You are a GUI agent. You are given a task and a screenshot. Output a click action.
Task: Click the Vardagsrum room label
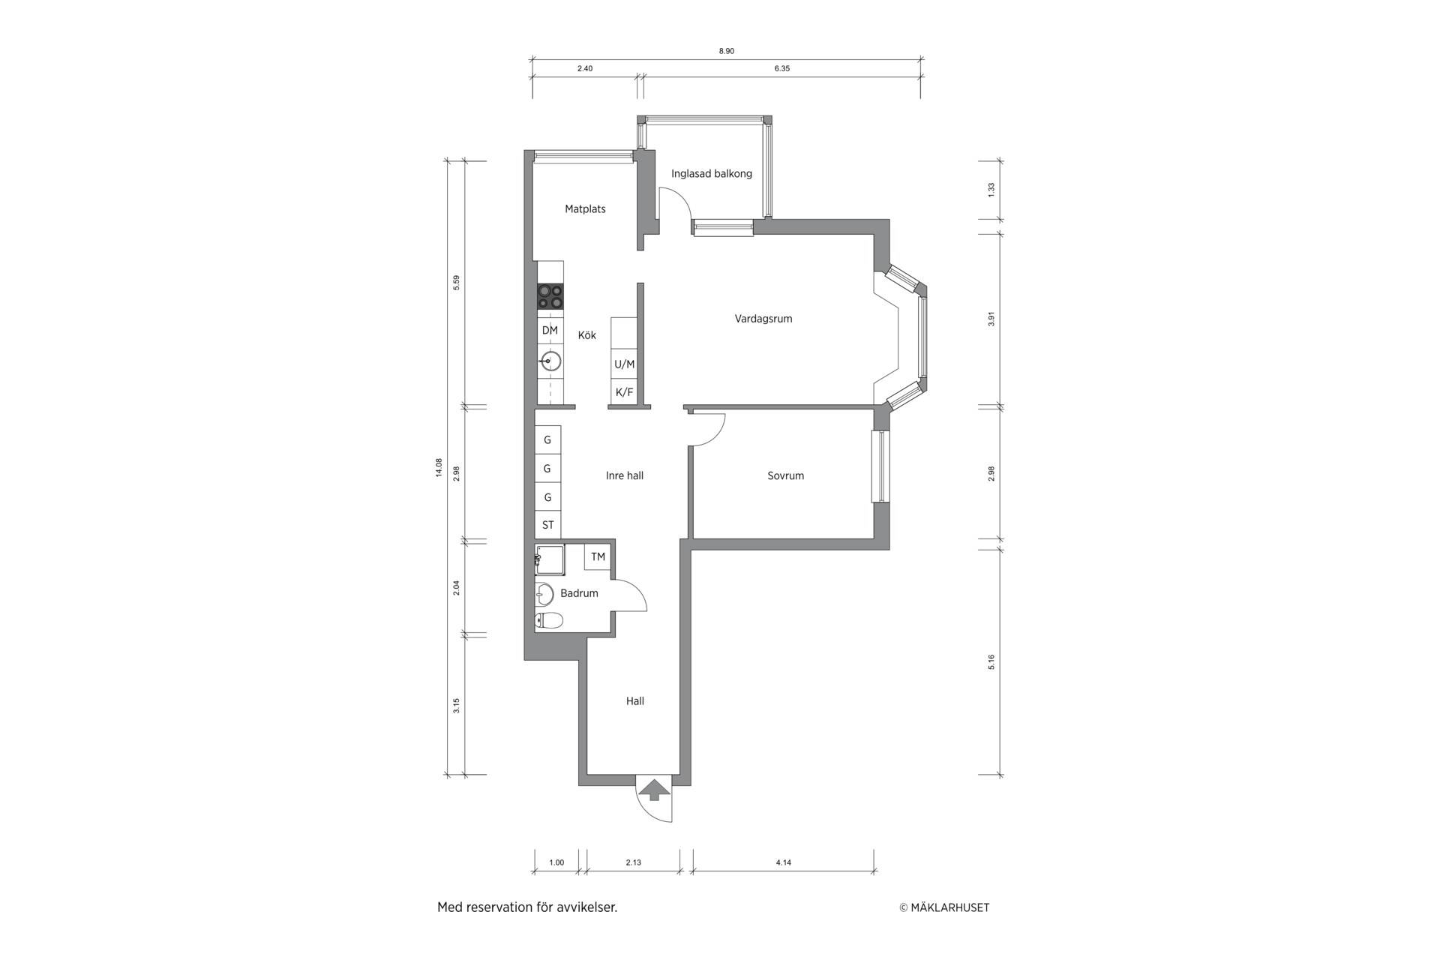pyautogui.click(x=763, y=319)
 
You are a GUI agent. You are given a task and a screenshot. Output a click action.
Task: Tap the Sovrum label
pyautogui.click(x=785, y=475)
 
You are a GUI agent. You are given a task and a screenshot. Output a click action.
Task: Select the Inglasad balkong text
pyautogui.click(x=711, y=174)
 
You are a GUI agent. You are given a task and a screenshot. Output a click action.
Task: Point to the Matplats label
pyautogui.click(x=585, y=209)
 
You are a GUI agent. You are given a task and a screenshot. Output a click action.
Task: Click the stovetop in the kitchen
pyautogui.click(x=550, y=296)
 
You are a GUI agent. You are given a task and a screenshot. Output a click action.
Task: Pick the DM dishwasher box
pyautogui.click(x=550, y=330)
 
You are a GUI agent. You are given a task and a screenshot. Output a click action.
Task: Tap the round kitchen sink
pyautogui.click(x=550, y=361)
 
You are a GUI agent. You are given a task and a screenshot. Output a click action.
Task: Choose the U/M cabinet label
pyautogui.click(x=624, y=364)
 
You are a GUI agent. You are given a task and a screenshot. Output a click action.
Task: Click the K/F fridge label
pyautogui.click(x=624, y=392)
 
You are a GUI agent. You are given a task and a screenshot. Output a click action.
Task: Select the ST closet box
pyautogui.click(x=547, y=525)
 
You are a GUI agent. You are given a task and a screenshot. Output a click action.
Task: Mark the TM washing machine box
pyautogui.click(x=598, y=556)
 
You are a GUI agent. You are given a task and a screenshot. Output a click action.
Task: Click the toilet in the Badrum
pyautogui.click(x=549, y=620)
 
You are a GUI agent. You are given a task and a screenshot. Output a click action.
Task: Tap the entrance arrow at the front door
pyautogui.click(x=654, y=790)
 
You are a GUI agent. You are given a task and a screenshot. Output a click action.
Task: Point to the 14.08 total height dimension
pyautogui.click(x=439, y=468)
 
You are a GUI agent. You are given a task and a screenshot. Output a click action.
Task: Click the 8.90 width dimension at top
pyautogui.click(x=726, y=51)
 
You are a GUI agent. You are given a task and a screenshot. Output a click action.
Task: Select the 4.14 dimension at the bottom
pyautogui.click(x=783, y=862)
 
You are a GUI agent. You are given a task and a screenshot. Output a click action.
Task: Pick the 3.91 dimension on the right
pyautogui.click(x=991, y=319)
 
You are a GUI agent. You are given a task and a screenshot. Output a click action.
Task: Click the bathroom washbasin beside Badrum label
pyautogui.click(x=544, y=594)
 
